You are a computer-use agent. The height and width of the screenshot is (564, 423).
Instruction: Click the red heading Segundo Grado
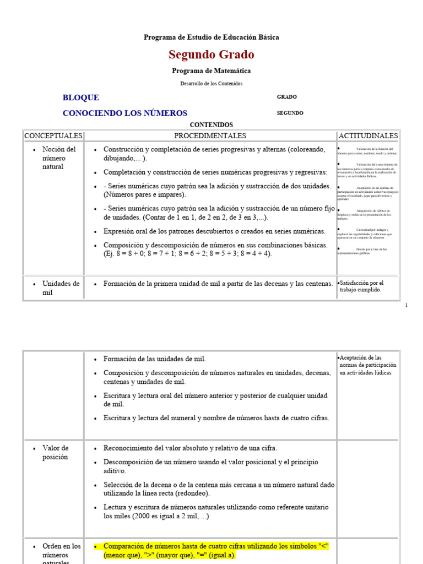(x=211, y=55)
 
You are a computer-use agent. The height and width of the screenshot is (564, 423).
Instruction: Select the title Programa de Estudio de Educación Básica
(x=211, y=37)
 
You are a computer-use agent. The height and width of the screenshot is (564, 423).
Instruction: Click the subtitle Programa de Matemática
(x=211, y=71)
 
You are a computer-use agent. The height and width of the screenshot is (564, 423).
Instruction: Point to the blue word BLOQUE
(x=81, y=97)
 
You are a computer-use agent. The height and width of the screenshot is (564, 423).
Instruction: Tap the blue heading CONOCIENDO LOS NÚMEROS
(x=125, y=113)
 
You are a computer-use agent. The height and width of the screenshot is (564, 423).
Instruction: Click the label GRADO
(x=286, y=97)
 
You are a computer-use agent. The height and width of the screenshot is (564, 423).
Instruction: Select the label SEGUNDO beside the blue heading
(x=290, y=113)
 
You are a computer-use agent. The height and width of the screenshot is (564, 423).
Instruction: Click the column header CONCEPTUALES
(x=53, y=135)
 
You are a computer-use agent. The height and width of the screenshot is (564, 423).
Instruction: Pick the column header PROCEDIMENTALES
(x=210, y=135)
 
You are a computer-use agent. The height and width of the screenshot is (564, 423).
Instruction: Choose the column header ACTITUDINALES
(x=368, y=135)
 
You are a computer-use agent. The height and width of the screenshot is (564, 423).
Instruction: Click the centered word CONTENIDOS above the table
(x=211, y=125)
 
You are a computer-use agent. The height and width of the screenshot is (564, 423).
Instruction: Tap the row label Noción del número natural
(x=59, y=158)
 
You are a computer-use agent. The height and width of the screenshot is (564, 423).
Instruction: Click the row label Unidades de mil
(x=61, y=288)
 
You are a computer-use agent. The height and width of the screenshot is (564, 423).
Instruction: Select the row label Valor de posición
(x=55, y=453)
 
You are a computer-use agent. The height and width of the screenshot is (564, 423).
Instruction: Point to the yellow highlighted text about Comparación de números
(x=216, y=551)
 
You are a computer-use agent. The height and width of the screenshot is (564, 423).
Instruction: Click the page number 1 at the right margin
(x=406, y=305)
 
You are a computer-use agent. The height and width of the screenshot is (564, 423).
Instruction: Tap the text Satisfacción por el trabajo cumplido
(x=361, y=286)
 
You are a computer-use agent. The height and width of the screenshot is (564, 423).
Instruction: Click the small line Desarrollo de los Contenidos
(x=211, y=84)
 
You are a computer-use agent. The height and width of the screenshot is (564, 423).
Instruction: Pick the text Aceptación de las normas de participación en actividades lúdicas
(x=368, y=365)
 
